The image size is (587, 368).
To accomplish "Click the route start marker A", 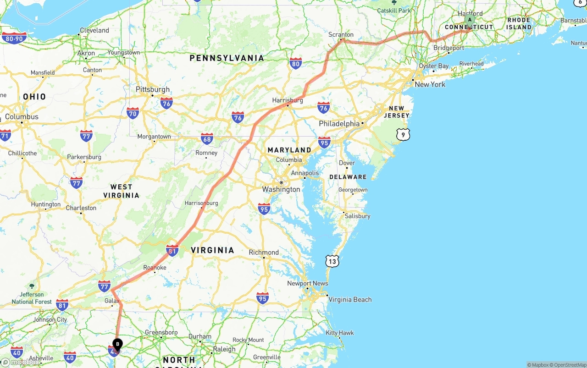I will pyautogui.click(x=470, y=20).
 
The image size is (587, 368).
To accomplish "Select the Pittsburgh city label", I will pyautogui.click(x=153, y=89).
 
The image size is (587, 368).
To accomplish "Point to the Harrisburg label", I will pyautogui.click(x=288, y=100).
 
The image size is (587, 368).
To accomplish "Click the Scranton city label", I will pyautogui.click(x=341, y=34).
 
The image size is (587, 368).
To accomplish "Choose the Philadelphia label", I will pyautogui.click(x=339, y=123).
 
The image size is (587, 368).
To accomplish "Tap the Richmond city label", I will pyautogui.click(x=264, y=252).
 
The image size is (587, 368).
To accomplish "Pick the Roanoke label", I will pyautogui.click(x=155, y=267).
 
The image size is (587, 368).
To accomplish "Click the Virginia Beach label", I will pyautogui.click(x=350, y=299).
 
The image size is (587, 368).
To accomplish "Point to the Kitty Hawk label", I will pyautogui.click(x=340, y=333).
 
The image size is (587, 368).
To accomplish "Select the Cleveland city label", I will pyautogui.click(x=94, y=30).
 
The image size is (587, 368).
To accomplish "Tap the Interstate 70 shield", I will pyautogui.click(x=133, y=113).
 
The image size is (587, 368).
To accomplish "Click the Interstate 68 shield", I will pyautogui.click(x=207, y=139).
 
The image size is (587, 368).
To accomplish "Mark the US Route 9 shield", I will pyautogui.click(x=403, y=134).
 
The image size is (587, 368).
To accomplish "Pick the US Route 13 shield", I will pyautogui.click(x=332, y=261).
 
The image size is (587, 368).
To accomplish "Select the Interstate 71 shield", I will pyautogui.click(x=5, y=135).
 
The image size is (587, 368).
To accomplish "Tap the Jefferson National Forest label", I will pyautogui.click(x=32, y=298).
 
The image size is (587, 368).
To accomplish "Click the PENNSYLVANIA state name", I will pyautogui.click(x=227, y=58).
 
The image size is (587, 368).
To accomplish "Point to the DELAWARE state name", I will pyautogui.click(x=348, y=177).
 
